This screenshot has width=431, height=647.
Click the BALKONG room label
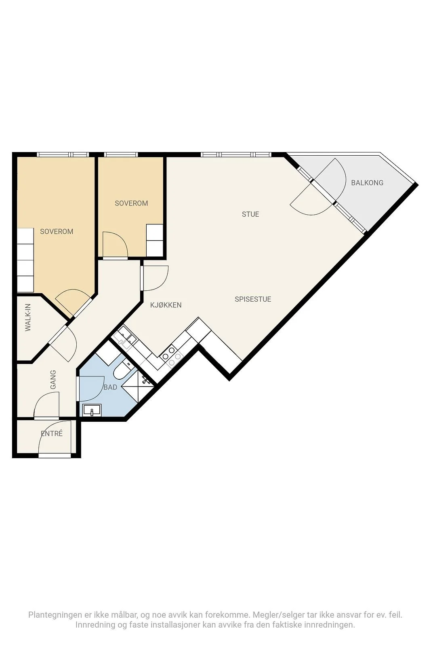click(x=367, y=182)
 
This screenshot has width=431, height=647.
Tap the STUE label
click(x=250, y=214)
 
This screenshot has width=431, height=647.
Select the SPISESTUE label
click(x=253, y=299)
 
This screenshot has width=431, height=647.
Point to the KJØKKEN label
click(x=166, y=305)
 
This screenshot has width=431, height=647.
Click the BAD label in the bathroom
click(x=110, y=387)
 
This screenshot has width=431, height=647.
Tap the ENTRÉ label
click(x=52, y=433)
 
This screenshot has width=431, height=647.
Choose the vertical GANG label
click(x=53, y=380)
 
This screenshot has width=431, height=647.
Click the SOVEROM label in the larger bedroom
click(x=57, y=231)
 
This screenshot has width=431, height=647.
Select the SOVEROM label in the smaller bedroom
click(x=131, y=203)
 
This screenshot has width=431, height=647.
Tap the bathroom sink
click(x=92, y=410)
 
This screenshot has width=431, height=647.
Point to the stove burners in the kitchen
click(x=171, y=357)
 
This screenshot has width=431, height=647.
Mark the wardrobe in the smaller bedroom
click(x=155, y=240)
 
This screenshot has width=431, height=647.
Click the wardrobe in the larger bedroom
click(x=25, y=260)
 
